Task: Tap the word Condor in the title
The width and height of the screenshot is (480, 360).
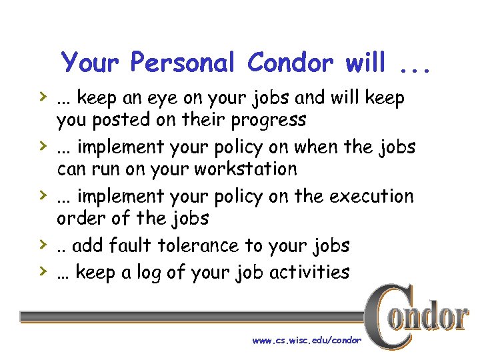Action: (290, 63)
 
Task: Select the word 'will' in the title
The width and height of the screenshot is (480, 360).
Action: (366, 63)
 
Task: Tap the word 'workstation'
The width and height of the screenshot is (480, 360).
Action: (245, 169)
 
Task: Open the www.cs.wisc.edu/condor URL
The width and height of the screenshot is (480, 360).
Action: (307, 340)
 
